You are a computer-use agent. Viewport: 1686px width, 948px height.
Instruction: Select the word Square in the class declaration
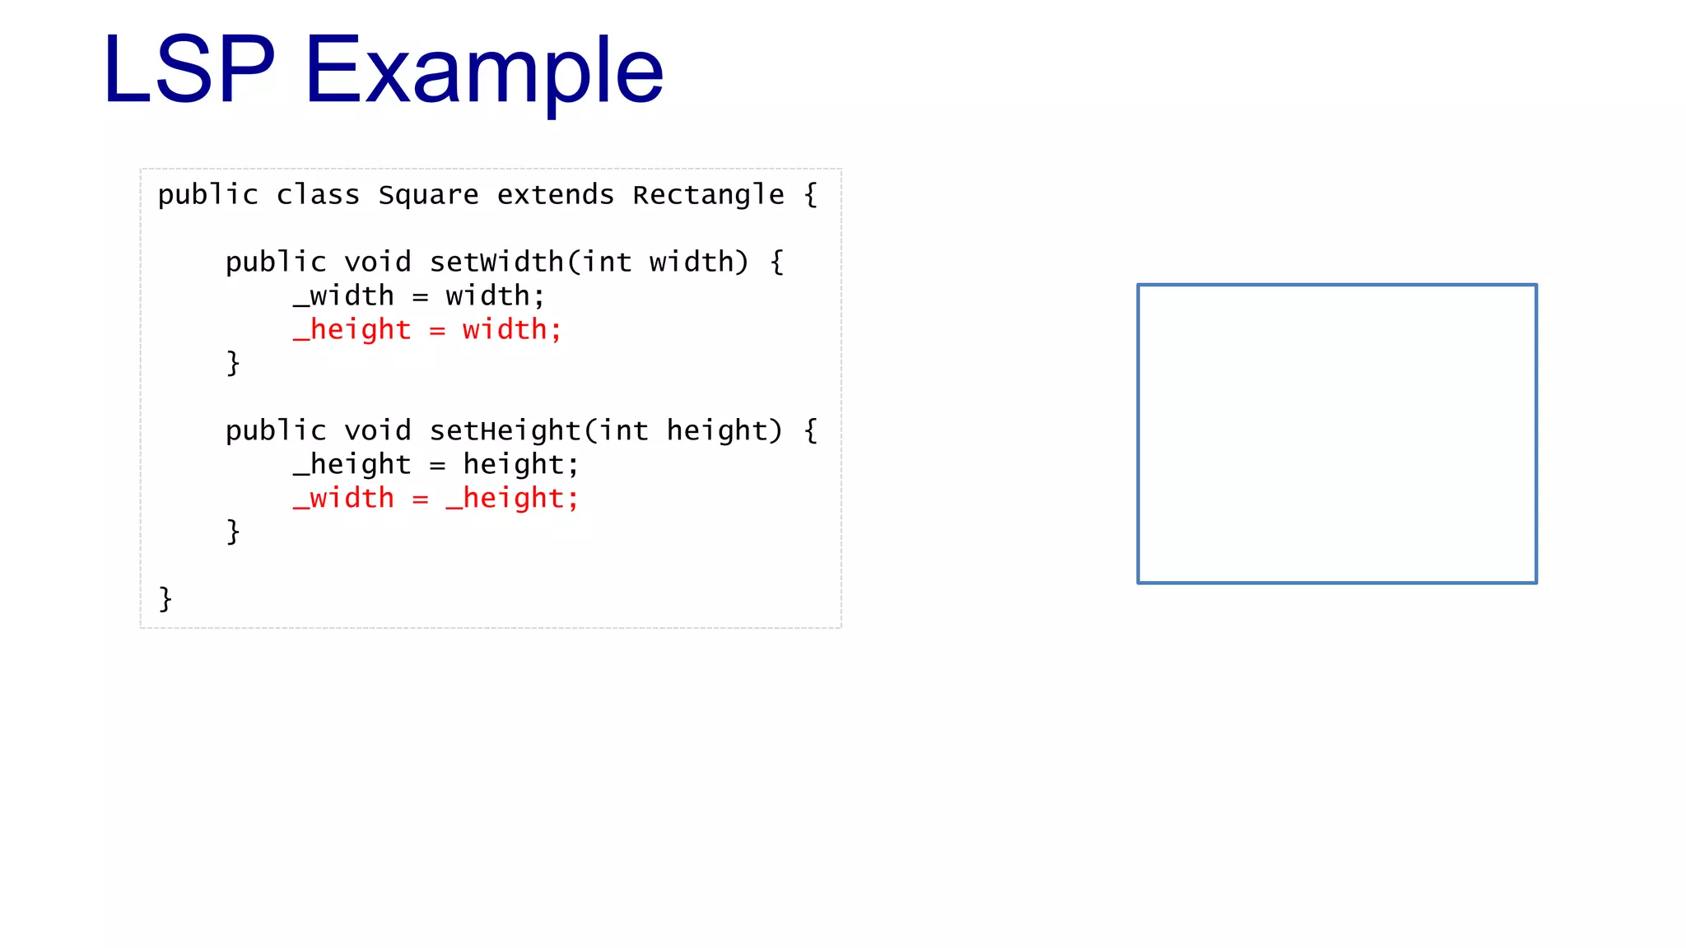pos(428,195)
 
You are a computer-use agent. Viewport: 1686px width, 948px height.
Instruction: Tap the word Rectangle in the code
pos(708,195)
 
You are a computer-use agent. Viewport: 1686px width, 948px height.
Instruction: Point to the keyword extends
pos(556,195)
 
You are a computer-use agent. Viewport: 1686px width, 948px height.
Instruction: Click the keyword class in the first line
pos(318,195)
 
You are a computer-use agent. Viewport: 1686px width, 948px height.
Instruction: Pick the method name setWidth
pos(496,263)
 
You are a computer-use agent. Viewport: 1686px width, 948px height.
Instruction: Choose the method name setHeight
pos(505,431)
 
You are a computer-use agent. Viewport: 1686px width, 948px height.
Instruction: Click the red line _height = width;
pos(427,330)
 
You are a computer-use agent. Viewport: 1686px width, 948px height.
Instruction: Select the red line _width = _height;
pos(435,499)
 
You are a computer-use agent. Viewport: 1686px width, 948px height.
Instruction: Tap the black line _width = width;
pos(418,296)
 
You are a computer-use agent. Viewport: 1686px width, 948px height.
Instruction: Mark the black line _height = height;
pos(435,465)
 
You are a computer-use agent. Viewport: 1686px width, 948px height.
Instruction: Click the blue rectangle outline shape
pos(1139,434)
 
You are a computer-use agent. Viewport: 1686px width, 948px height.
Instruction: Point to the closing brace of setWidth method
pos(233,363)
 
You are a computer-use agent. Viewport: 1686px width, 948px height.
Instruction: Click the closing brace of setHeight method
pos(233,532)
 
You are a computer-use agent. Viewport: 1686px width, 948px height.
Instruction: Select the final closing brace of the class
pos(165,599)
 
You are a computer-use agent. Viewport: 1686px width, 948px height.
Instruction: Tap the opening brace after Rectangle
pos(811,195)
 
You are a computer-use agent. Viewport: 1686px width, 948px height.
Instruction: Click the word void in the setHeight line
pos(377,431)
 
